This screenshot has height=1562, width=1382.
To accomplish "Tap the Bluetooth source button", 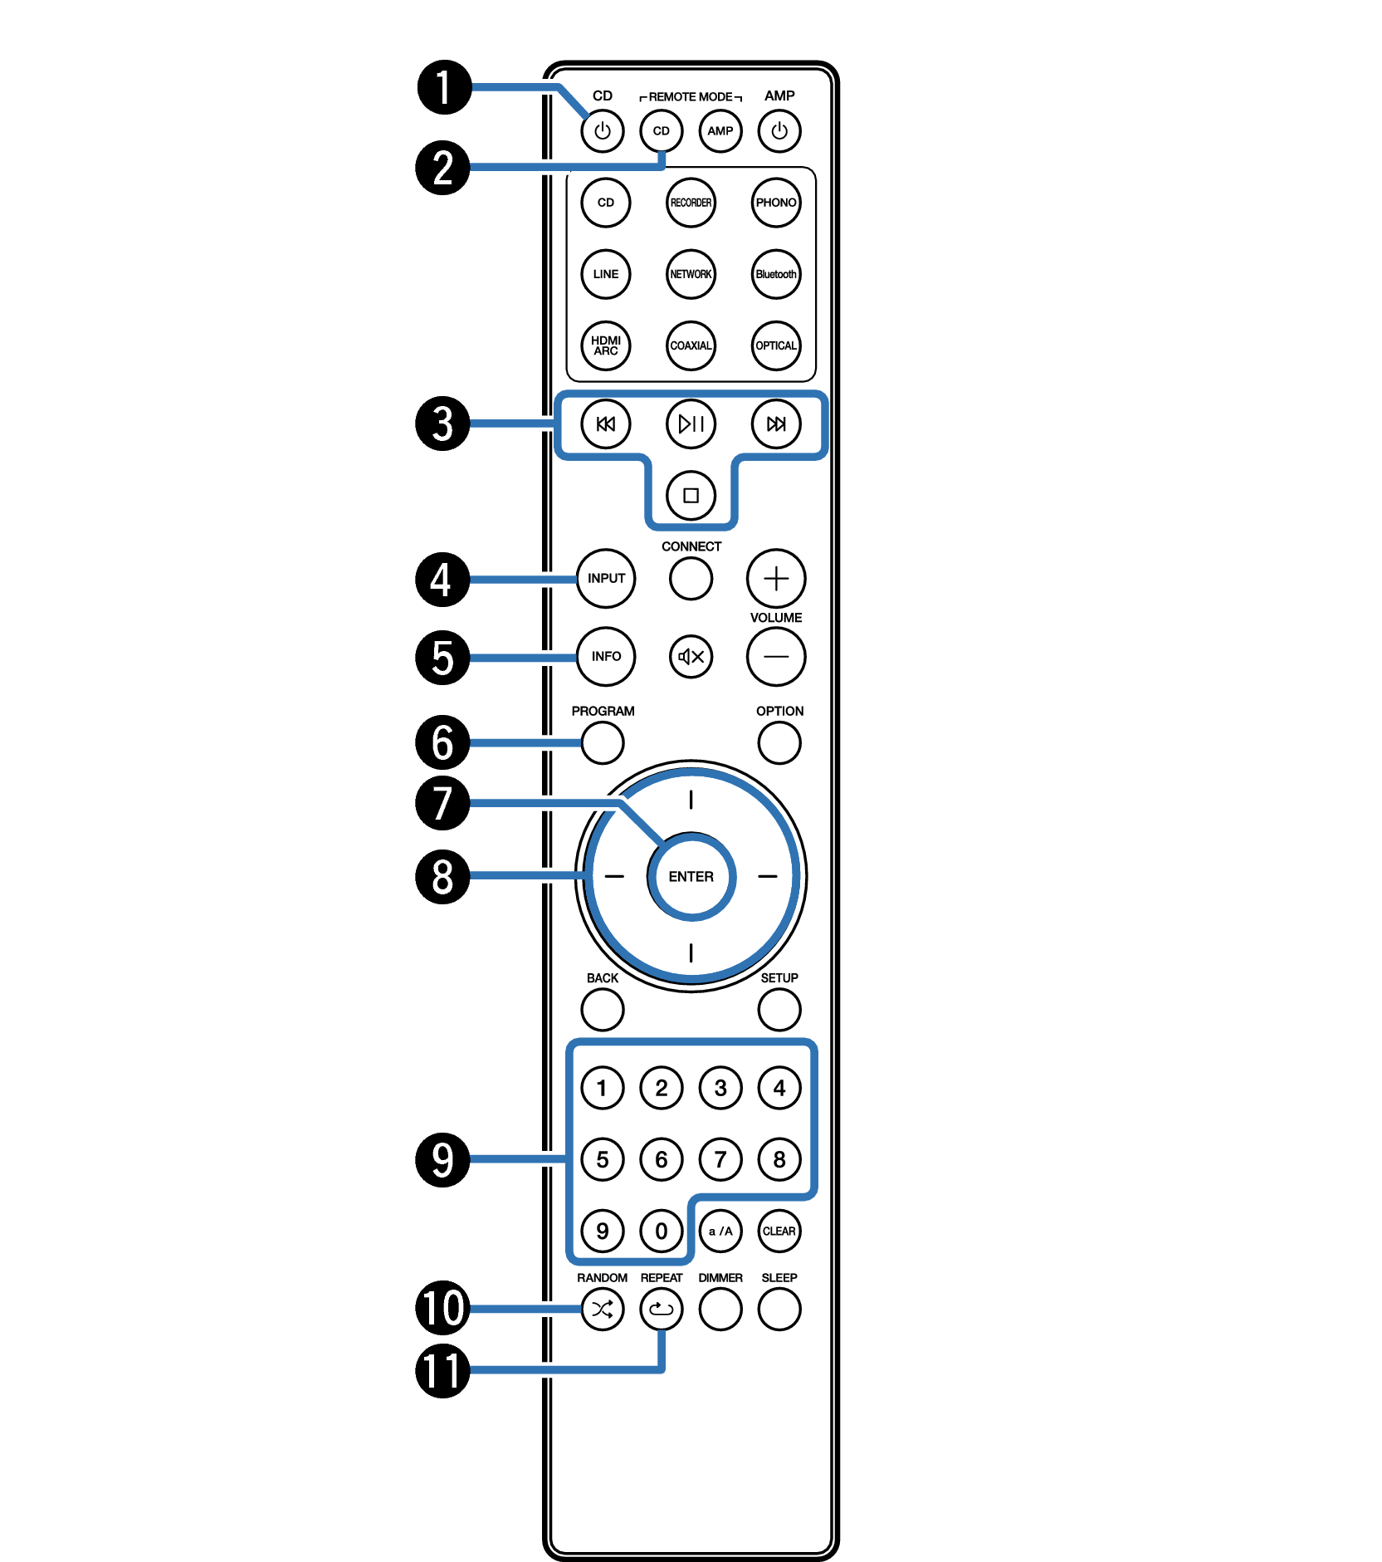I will (x=775, y=274).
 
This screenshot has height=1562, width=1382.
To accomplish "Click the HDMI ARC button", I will (x=606, y=345).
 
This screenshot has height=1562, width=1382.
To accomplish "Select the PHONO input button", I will (x=775, y=203).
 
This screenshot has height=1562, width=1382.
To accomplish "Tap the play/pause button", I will (x=691, y=424).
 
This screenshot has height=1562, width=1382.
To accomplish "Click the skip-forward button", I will (x=775, y=424).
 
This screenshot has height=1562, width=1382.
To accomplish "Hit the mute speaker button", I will (x=691, y=657).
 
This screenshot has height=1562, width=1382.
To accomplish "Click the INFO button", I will (x=606, y=657).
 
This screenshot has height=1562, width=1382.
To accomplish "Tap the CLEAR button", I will (x=779, y=1231).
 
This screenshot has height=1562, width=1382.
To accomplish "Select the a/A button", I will (x=720, y=1231).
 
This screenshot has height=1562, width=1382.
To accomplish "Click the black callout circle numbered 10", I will (x=442, y=1308).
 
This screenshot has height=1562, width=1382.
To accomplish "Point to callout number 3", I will (x=442, y=424).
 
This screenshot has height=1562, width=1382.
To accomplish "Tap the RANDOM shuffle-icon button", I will (x=602, y=1310).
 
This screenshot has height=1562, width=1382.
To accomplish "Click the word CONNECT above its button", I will (x=691, y=546).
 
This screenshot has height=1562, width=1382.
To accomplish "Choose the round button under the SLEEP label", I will (x=779, y=1310).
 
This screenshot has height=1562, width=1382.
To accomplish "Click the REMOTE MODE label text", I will (x=691, y=97).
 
